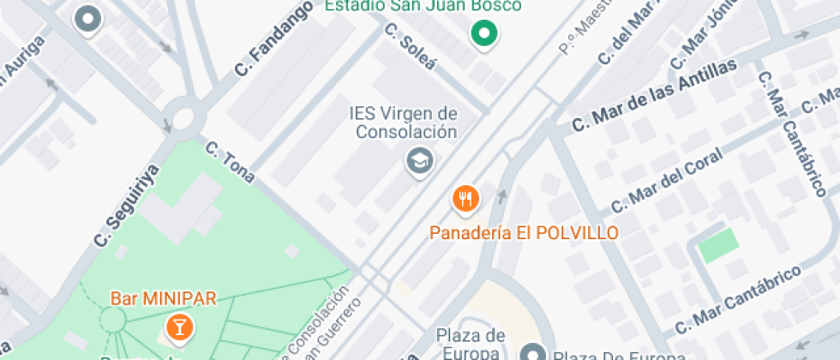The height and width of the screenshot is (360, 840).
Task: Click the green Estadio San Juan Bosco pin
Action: [484, 35]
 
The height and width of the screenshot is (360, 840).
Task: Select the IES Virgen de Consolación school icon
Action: [419, 160]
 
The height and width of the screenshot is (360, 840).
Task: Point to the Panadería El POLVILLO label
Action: [523, 232]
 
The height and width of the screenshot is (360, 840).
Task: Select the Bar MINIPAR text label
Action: [163, 299]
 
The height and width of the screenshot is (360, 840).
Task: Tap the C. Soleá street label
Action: [411, 50]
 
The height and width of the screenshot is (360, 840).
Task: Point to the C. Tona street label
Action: [230, 162]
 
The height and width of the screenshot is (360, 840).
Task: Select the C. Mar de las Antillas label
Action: [655, 95]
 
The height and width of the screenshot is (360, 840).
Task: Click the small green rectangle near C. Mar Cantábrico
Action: [717, 246]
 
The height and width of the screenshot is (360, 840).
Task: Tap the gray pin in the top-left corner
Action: [87, 18]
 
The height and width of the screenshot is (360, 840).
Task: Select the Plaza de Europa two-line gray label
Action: [471, 343]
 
